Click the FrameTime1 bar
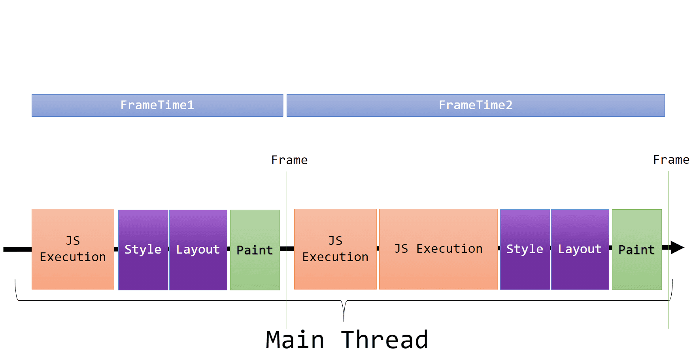[157, 105]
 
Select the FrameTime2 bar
[476, 105]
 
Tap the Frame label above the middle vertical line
[289, 160]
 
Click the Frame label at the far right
[671, 160]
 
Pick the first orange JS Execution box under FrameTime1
[73, 249]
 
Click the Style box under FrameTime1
[143, 250]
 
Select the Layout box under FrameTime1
[198, 250]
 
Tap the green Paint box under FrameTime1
[255, 250]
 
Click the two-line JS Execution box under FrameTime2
[335, 249]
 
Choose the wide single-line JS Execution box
[438, 249]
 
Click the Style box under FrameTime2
[525, 249]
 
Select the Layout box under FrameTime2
[580, 249]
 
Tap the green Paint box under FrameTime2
[636, 250]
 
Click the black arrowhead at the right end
[677, 248]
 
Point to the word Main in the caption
[295, 340]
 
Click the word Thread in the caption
[385, 340]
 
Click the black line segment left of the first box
[17, 249]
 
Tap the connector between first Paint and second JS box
[287, 248]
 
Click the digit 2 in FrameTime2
[509, 105]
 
